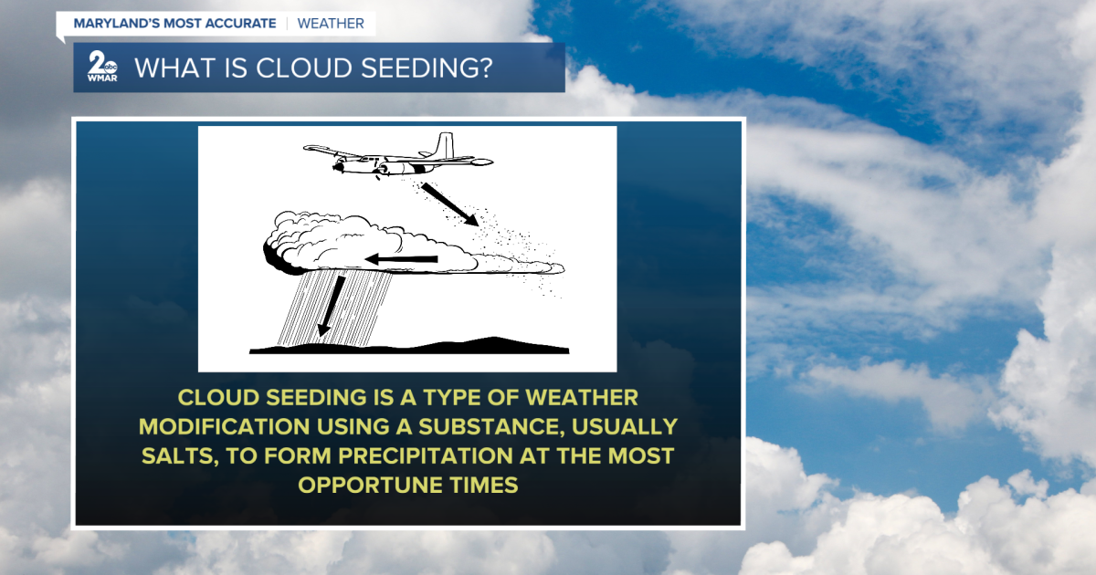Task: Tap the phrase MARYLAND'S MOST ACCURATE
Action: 174,23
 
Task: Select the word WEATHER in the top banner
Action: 331,23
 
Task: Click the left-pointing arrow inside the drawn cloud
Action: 401,260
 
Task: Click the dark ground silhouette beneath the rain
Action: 411,347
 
